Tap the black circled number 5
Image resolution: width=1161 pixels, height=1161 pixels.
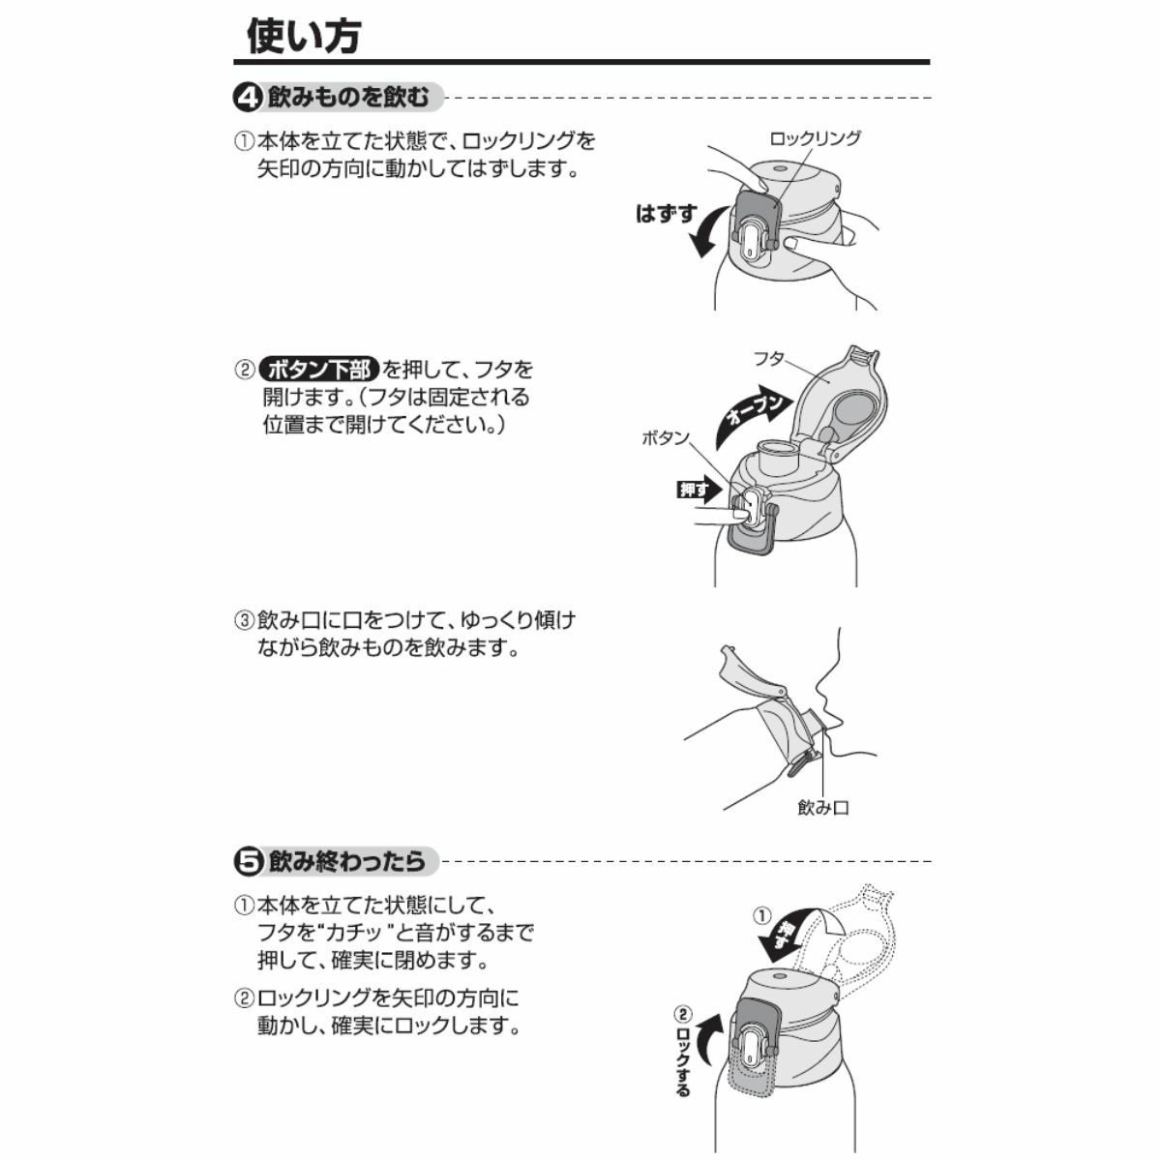pyautogui.click(x=248, y=862)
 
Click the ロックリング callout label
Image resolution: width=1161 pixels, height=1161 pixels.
pyautogui.click(x=816, y=138)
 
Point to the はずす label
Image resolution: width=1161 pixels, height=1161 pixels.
pyautogui.click(x=666, y=213)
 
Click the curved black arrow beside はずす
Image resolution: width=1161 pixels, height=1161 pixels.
pyautogui.click(x=707, y=232)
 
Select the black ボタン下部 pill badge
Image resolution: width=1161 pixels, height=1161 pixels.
pyautogui.click(x=319, y=369)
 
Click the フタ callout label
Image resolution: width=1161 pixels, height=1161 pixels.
pyautogui.click(x=769, y=359)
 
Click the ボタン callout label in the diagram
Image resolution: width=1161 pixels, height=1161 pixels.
pyautogui.click(x=665, y=438)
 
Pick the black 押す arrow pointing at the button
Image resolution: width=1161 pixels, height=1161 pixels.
pyautogui.click(x=700, y=490)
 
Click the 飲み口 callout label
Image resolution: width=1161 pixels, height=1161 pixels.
pyautogui.click(x=823, y=808)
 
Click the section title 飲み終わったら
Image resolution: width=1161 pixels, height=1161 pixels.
pyautogui.click(x=346, y=862)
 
